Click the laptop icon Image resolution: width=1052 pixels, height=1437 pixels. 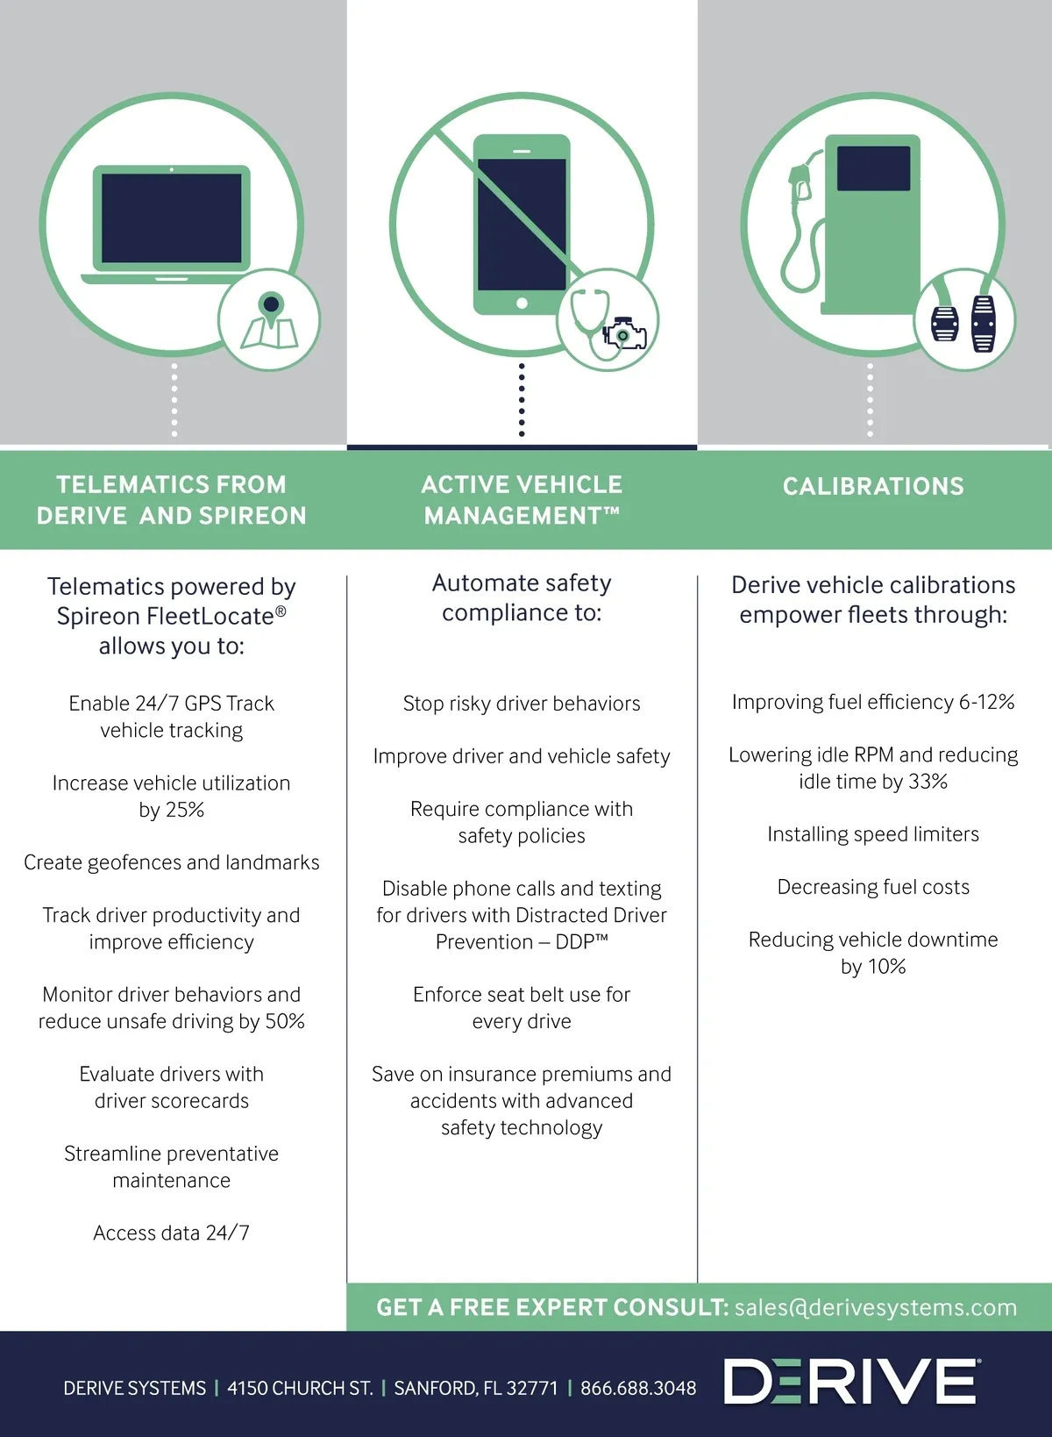(x=171, y=225)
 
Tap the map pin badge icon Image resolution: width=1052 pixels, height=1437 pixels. (x=269, y=319)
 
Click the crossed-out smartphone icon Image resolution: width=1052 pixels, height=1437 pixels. (x=522, y=225)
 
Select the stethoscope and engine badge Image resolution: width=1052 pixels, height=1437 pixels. (x=608, y=320)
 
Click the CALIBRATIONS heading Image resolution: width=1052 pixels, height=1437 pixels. (x=873, y=486)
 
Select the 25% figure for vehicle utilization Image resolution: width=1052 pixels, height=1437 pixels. (x=186, y=810)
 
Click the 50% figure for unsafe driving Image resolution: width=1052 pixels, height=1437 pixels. (x=285, y=1021)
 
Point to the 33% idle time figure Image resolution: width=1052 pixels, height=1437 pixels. (x=928, y=782)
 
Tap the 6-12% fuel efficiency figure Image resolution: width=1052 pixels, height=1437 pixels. (x=986, y=702)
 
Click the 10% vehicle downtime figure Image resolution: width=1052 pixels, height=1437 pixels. (x=886, y=967)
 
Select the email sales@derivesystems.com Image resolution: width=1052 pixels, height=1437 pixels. (x=876, y=1307)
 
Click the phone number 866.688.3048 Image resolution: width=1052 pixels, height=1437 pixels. (x=638, y=1388)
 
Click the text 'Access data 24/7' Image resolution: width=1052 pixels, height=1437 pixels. (x=172, y=1233)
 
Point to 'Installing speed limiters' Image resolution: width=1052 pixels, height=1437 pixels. (x=873, y=834)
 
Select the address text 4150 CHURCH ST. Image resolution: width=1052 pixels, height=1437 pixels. (x=300, y=1388)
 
